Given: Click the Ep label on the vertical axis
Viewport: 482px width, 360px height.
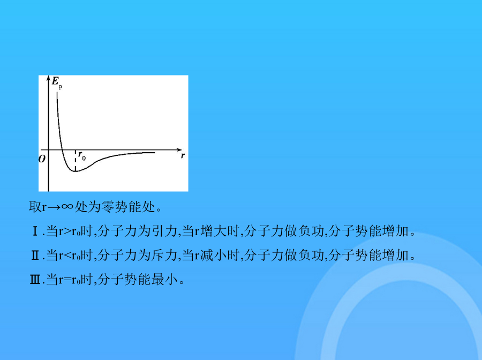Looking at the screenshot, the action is [57, 82].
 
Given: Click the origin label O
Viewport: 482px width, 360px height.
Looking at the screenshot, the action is [42, 159].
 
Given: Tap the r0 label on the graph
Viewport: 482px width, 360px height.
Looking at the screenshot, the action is [82, 156].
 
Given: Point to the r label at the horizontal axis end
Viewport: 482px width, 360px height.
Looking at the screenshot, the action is [183, 155].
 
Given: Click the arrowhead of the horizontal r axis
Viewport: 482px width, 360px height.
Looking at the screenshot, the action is [179, 149].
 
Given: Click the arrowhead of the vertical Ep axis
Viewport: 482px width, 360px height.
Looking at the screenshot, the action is [48, 78].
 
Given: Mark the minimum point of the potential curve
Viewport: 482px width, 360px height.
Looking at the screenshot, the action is [75, 171].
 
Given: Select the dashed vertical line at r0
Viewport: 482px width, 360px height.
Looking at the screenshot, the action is [76, 160].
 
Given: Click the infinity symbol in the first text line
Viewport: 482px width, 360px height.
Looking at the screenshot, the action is [67, 207].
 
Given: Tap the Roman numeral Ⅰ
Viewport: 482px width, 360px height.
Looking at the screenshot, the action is [35, 231].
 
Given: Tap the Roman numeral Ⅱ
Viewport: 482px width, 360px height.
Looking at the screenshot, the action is [35, 255].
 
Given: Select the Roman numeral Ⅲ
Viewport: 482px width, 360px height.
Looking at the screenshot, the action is [35, 280].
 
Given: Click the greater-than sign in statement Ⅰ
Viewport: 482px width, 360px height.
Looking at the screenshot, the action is [67, 231].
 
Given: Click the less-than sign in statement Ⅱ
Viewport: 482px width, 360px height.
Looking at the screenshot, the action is [67, 256].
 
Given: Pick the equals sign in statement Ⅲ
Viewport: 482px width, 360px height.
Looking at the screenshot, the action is [67, 280].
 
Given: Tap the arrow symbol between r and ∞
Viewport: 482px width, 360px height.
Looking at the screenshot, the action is [54, 207].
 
